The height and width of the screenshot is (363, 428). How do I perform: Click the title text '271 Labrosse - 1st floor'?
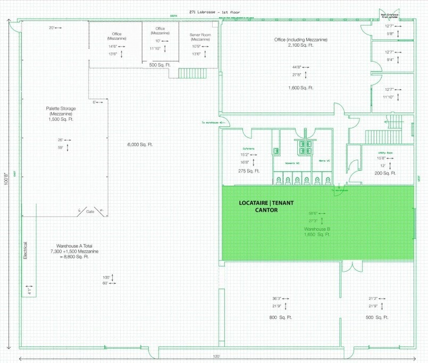[x=214, y=11]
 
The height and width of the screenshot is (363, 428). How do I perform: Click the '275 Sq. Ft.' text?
[x=249, y=171]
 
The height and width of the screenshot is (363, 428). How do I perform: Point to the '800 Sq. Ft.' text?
[x=279, y=317]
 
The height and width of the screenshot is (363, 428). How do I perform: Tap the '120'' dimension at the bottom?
[x=216, y=357]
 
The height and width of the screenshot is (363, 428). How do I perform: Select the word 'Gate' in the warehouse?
[x=90, y=212]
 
